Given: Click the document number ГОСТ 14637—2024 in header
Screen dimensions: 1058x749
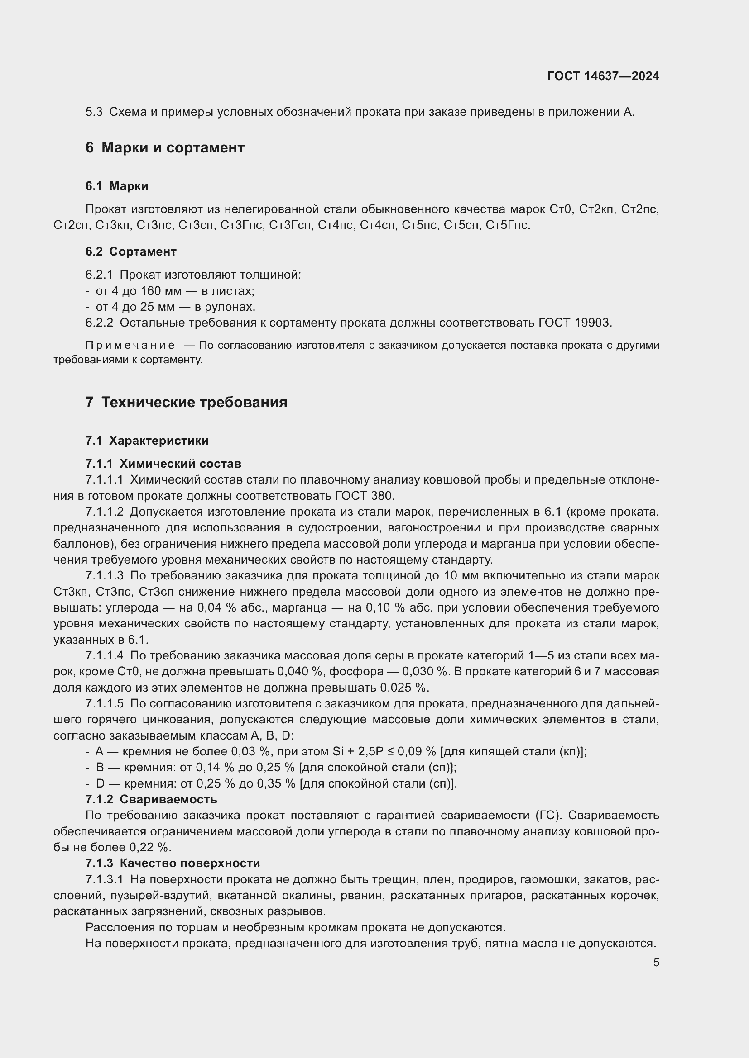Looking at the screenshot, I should pyautogui.click(x=603, y=76).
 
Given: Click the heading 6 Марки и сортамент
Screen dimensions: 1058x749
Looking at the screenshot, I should pyautogui.click(x=165, y=147).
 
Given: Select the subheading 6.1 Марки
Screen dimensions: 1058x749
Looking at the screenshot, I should pyautogui.click(x=117, y=186).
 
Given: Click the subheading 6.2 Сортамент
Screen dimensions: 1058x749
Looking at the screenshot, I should pyautogui.click(x=131, y=251).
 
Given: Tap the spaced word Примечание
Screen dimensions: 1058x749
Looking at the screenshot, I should pyautogui.click(x=130, y=345).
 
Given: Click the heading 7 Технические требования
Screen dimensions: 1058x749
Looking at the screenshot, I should pyautogui.click(x=186, y=402).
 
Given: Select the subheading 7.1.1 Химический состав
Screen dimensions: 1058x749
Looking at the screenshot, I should pyautogui.click(x=163, y=464).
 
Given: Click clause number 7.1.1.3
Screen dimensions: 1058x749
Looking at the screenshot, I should pyautogui.click(x=104, y=575).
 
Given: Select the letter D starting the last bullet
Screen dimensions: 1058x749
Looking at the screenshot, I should pyautogui.click(x=100, y=783).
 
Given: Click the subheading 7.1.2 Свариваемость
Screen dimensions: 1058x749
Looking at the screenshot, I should pyautogui.click(x=151, y=799).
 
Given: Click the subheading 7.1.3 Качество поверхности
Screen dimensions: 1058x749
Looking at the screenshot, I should pyautogui.click(x=173, y=863).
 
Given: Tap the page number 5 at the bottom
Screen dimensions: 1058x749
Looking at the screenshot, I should pyautogui.click(x=656, y=963).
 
